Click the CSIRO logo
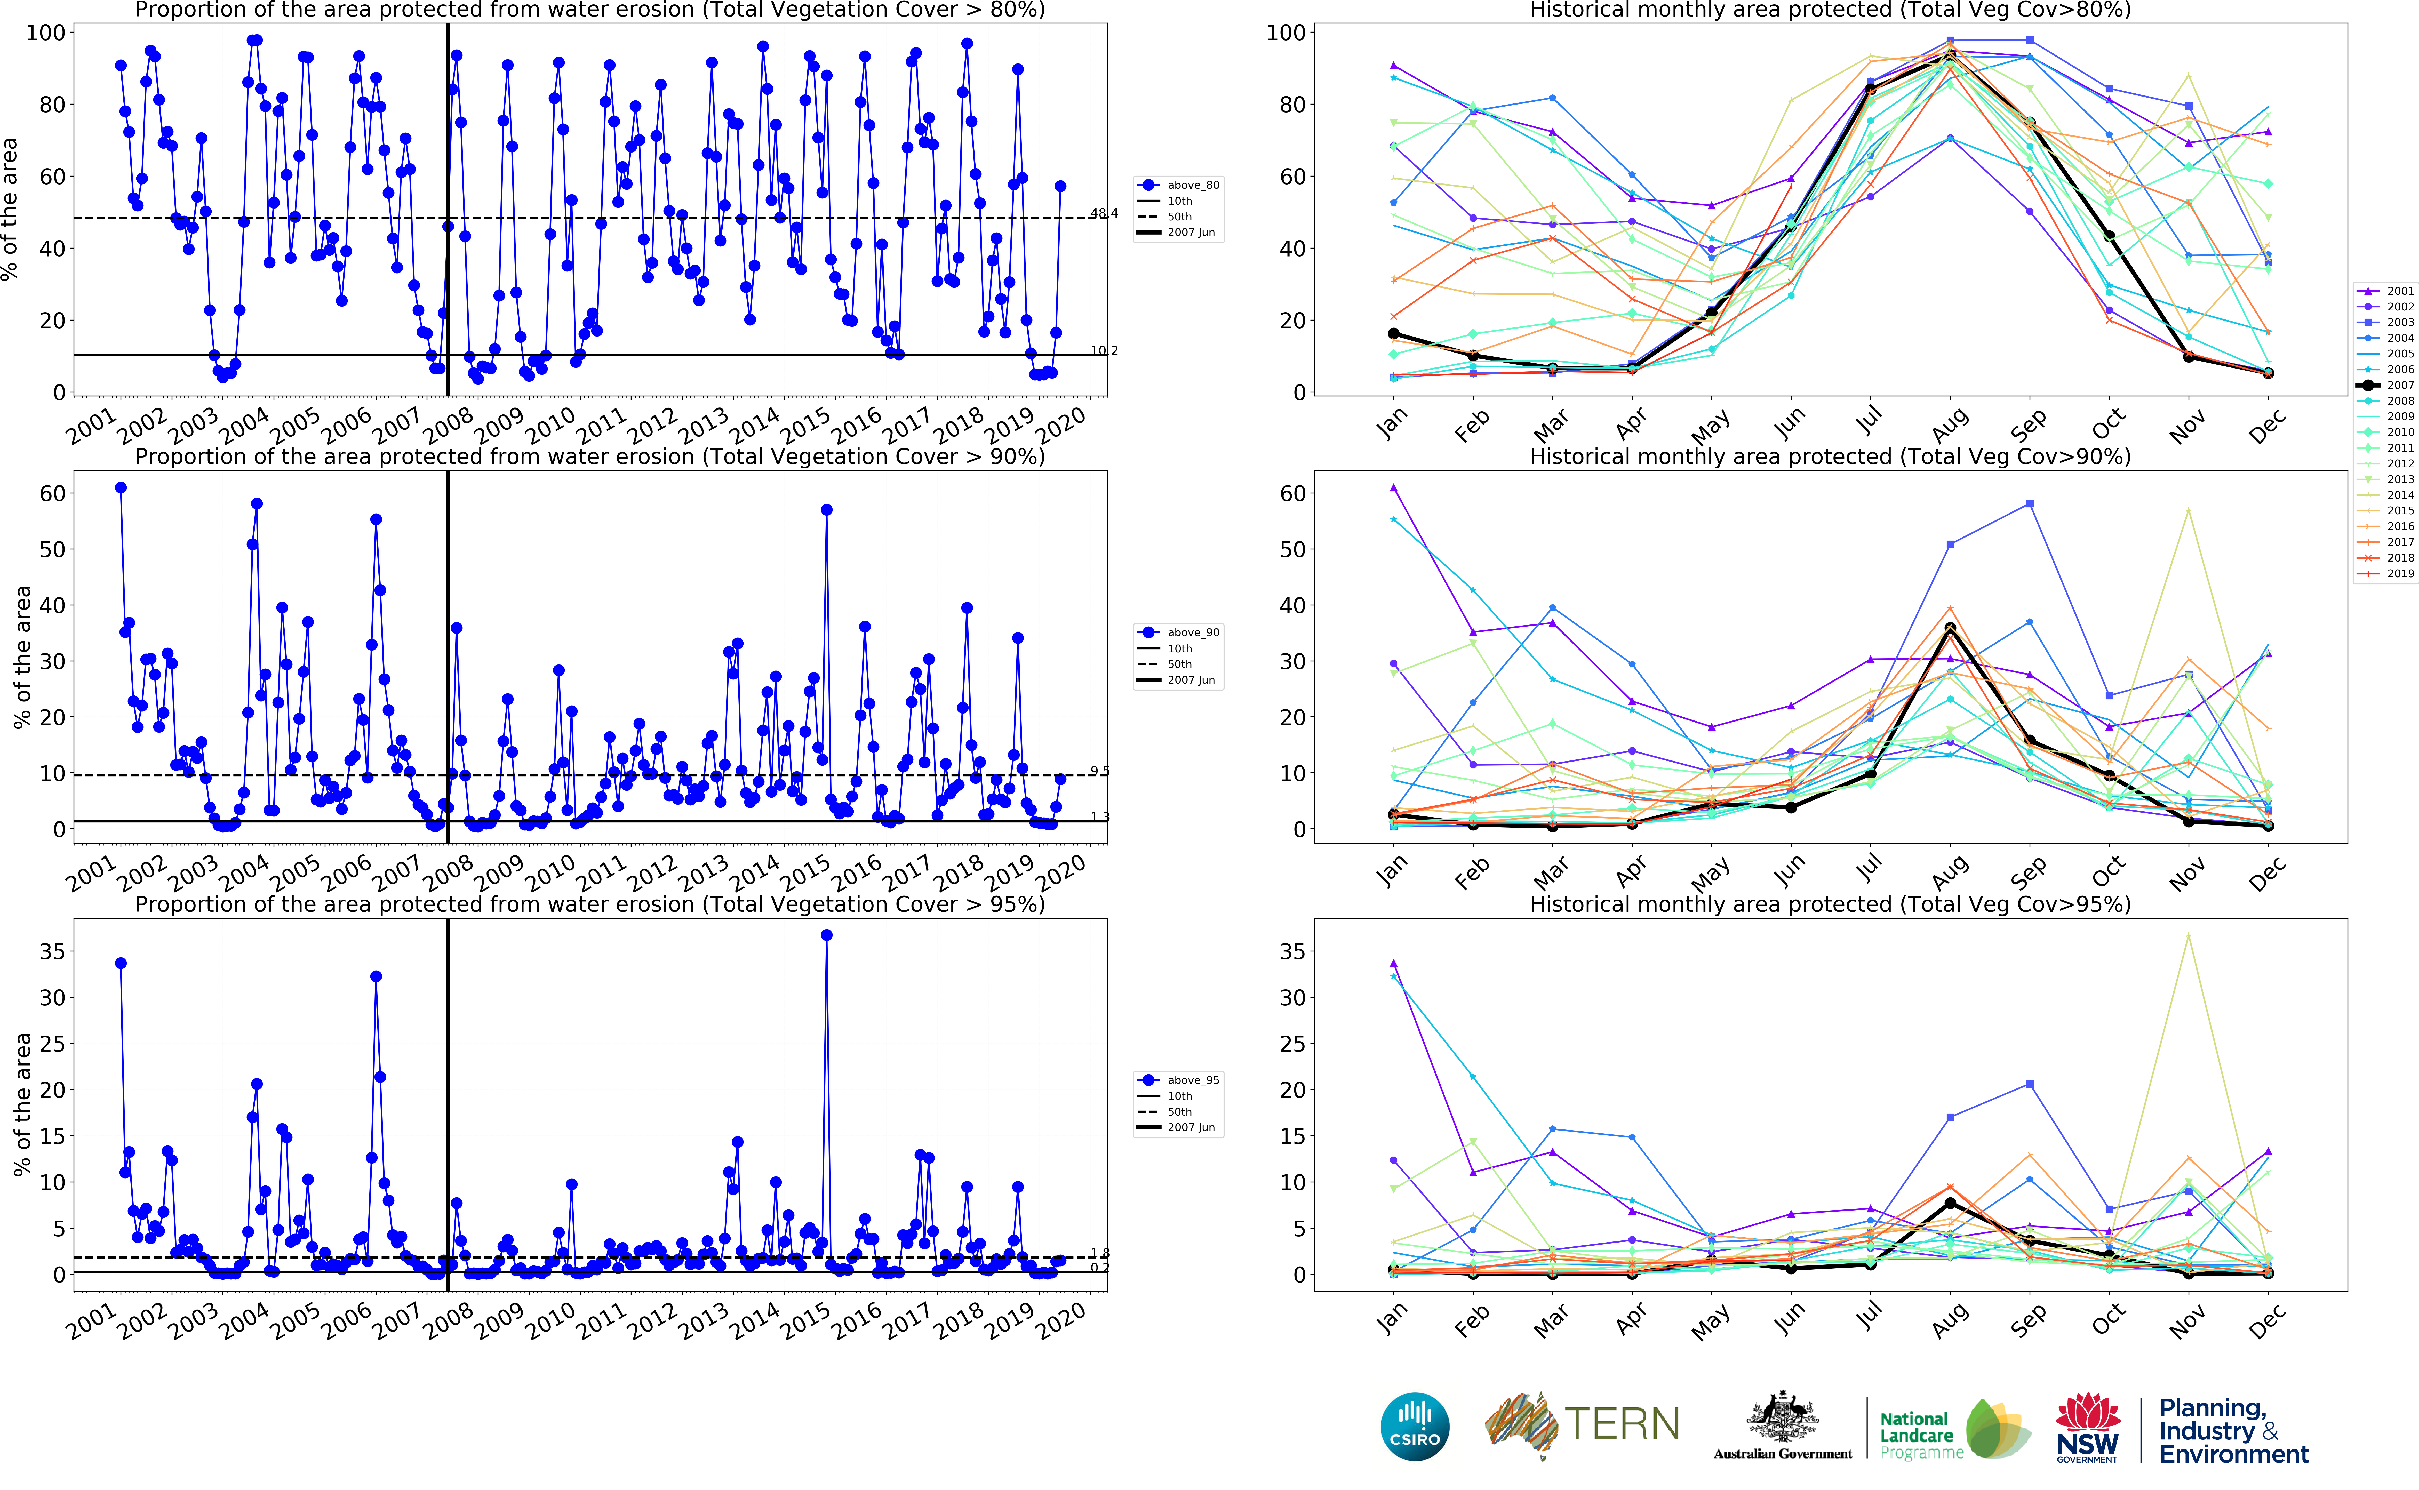[1415, 1426]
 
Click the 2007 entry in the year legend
[2400, 385]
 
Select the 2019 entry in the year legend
[2400, 574]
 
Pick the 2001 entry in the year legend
[2400, 291]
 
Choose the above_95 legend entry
[1192, 1080]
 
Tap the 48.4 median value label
[1104, 213]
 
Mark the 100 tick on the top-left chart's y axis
[45, 33]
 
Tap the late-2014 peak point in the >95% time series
[827, 935]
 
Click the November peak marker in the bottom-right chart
[2189, 935]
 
